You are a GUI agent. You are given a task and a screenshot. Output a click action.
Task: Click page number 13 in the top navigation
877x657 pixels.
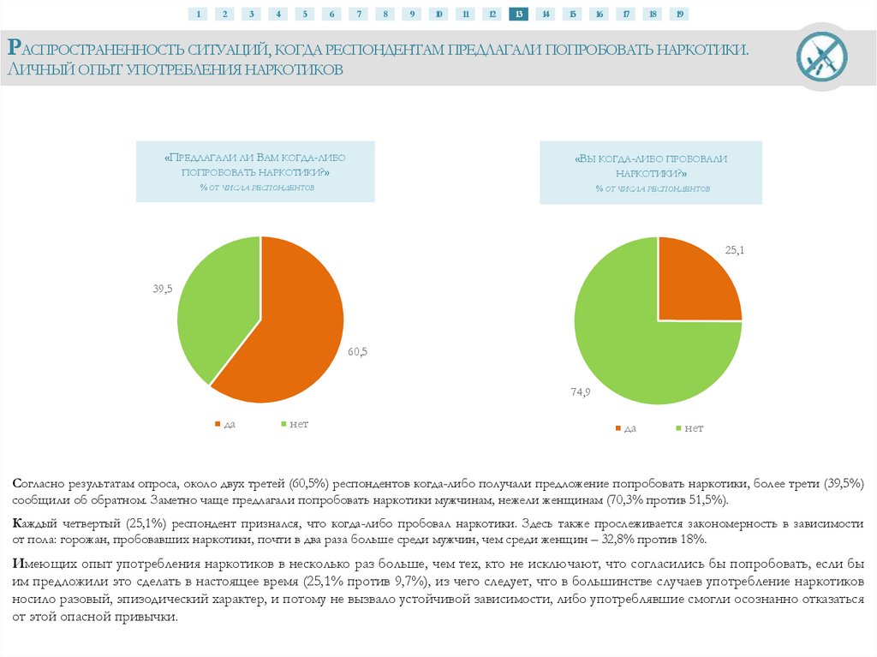coord(518,14)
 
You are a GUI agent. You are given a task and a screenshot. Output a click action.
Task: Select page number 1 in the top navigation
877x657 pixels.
coord(198,14)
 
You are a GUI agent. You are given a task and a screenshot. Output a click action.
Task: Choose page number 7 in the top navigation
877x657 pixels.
coord(358,14)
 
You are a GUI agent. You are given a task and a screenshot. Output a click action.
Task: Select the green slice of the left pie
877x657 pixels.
coord(214,300)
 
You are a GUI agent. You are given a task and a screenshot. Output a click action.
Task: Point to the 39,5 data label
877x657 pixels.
coord(163,290)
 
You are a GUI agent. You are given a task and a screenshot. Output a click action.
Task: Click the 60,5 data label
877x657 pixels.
coord(357,350)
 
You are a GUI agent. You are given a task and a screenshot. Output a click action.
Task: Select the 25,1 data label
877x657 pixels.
coord(735,250)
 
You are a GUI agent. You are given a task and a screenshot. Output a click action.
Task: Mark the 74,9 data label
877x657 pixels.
coord(581,391)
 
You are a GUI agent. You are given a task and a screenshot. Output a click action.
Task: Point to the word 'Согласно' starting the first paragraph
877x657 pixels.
coord(40,483)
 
